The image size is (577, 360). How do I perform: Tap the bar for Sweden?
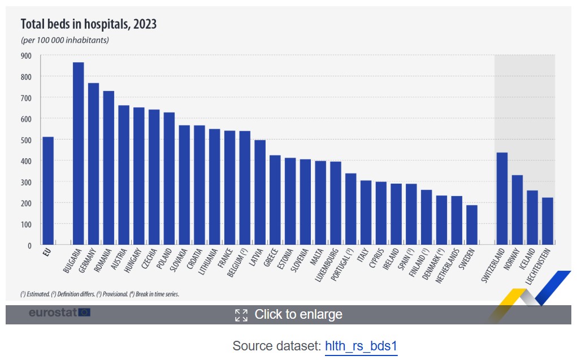[471, 225]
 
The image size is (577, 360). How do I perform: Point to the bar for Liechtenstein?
[547, 221]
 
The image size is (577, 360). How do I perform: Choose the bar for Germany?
[93, 164]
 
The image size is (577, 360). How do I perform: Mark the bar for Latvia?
[260, 192]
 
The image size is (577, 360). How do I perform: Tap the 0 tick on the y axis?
[29, 245]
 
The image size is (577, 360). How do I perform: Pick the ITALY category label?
[363, 258]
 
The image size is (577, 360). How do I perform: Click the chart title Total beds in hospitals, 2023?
[89, 24]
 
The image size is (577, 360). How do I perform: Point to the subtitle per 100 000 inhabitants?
[64, 40]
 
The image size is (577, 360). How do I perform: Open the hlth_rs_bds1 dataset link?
[361, 346]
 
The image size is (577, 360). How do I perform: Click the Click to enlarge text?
[298, 314]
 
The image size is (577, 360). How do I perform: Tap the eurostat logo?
[59, 312]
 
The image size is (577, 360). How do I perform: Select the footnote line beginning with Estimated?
[99, 294]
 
